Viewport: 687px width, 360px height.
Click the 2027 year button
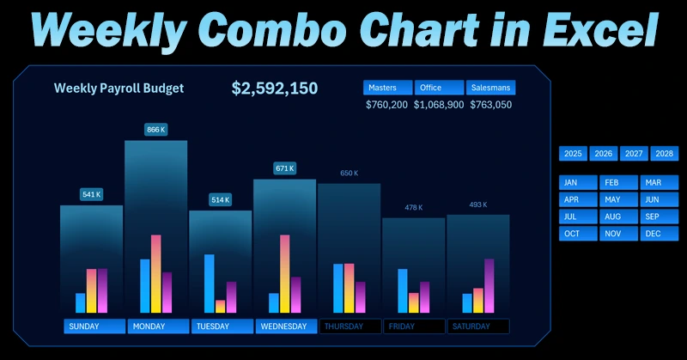634,154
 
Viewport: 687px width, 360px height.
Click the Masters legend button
387,88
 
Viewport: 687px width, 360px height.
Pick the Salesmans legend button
490,88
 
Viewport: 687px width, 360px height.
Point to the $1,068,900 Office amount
439,105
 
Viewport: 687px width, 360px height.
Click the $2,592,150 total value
275,88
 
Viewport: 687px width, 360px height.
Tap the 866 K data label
156,130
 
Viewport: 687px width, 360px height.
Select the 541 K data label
91,194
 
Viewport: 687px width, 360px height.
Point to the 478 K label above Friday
414,207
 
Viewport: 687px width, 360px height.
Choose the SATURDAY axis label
478,326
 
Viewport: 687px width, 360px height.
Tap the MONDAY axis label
157,326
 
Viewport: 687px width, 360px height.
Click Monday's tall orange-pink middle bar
156,274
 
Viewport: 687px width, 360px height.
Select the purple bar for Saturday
489,285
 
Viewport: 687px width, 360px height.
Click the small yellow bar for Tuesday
220,306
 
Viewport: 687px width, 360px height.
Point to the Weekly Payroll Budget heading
119,88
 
